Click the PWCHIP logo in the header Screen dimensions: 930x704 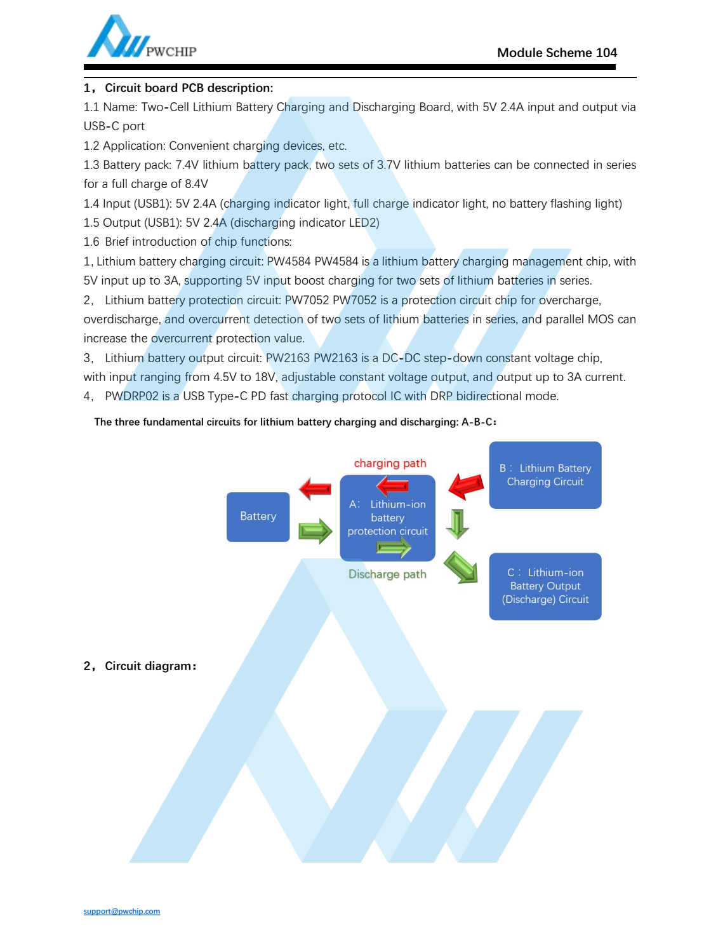(141, 38)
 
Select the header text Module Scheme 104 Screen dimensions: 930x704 (557, 53)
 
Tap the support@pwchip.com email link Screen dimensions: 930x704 (122, 911)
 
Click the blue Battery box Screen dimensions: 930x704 (258, 516)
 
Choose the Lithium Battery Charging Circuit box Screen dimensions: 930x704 (545, 475)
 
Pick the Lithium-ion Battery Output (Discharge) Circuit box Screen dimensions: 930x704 (545, 586)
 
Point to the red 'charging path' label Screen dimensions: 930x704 (390, 463)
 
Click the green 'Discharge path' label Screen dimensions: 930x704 (387, 574)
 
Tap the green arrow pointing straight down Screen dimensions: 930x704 (457, 523)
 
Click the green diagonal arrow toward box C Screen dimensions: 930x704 (461, 567)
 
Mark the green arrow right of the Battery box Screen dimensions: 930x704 (315, 530)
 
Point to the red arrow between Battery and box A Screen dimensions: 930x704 (315, 489)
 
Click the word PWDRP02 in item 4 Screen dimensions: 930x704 (132, 396)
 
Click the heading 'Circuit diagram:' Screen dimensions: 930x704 (150, 666)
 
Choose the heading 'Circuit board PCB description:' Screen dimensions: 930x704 (189, 88)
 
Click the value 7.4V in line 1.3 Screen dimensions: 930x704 (187, 165)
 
